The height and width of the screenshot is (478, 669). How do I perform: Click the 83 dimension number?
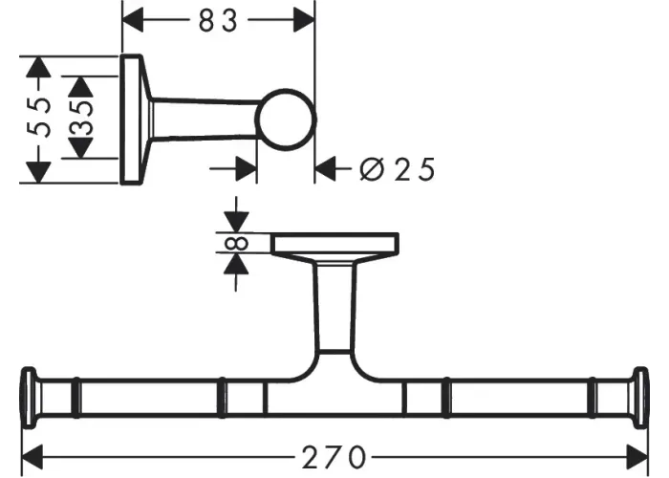pos(218,21)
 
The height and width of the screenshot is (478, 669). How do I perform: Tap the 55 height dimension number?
pos(38,118)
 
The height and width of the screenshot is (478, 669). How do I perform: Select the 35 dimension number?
pos(80,118)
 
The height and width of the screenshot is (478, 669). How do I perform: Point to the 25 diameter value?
pos(414,169)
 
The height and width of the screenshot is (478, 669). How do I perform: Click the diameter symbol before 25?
pos(372,169)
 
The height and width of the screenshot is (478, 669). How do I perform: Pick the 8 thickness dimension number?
pos(236,243)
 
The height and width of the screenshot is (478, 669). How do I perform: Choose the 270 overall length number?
pos(334,457)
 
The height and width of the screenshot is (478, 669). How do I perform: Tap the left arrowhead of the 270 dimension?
pos(32,457)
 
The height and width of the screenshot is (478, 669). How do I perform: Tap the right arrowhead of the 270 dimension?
pos(637,457)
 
